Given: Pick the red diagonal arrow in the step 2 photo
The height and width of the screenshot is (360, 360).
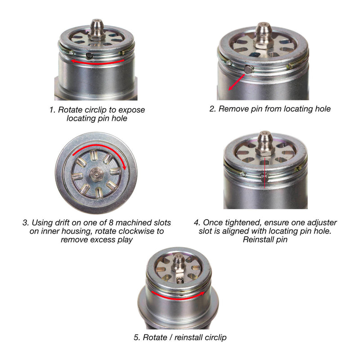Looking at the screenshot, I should click(x=236, y=82).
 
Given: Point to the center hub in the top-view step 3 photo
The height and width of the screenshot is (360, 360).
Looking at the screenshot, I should click(x=96, y=173).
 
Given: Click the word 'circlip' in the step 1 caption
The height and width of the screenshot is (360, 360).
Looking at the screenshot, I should click(x=99, y=109).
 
